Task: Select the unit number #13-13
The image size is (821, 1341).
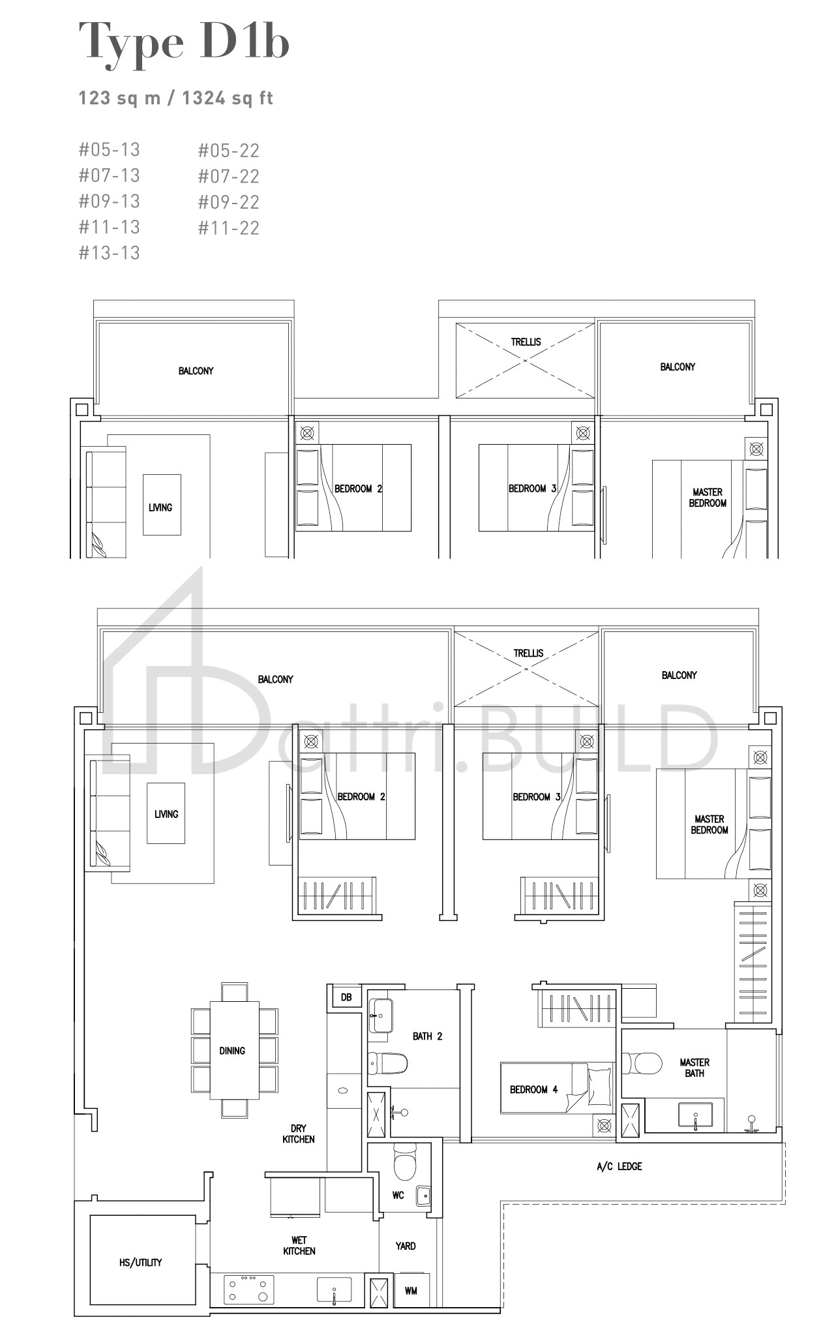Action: (110, 253)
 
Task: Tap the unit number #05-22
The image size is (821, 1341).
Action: (229, 151)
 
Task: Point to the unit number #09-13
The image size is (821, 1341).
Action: (110, 202)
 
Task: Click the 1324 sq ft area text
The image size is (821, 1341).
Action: (228, 98)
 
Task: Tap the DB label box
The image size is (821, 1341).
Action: (346, 997)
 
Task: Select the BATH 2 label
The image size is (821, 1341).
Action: (427, 1036)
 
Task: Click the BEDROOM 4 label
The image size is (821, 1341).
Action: (534, 1090)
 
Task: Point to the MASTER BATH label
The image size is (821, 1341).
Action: (694, 1068)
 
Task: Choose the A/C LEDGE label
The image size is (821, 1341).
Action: (619, 1166)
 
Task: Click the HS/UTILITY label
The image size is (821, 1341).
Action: (140, 1262)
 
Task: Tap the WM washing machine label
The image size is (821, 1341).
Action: (411, 1290)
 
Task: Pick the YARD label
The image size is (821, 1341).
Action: (406, 1246)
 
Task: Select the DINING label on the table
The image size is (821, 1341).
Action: (232, 1051)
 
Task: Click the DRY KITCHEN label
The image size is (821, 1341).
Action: (299, 1134)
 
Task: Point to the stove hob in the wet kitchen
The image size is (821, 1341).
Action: (248, 1289)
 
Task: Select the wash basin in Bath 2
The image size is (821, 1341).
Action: (381, 1016)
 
